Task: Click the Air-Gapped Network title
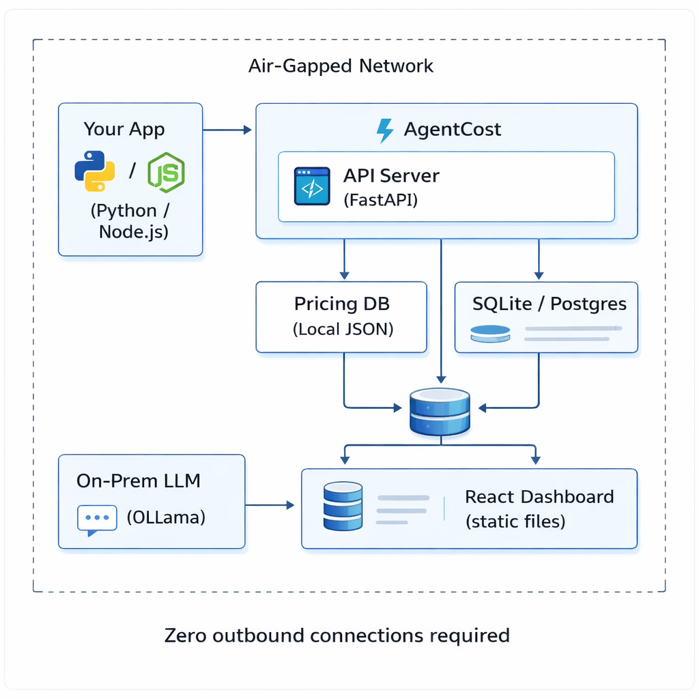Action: pyautogui.click(x=341, y=66)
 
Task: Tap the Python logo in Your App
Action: pyautogui.click(x=94, y=171)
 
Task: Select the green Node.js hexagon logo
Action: pyautogui.click(x=166, y=171)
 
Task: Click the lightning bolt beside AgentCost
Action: pyautogui.click(x=385, y=130)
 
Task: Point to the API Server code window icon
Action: pyautogui.click(x=311, y=186)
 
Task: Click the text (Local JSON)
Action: pyautogui.click(x=343, y=329)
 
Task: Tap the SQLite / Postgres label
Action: pyautogui.click(x=549, y=304)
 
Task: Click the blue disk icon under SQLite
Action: pyautogui.click(x=490, y=334)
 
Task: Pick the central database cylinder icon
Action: pyautogui.click(x=440, y=412)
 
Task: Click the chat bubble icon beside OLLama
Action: pyautogui.click(x=97, y=518)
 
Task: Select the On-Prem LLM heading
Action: pyautogui.click(x=139, y=481)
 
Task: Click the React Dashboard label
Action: pyautogui.click(x=539, y=496)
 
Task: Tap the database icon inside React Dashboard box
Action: pyautogui.click(x=343, y=506)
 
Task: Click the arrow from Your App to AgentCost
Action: pyautogui.click(x=228, y=129)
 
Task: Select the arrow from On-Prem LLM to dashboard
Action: pyautogui.click(x=270, y=505)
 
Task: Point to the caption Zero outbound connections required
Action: pyautogui.click(x=337, y=636)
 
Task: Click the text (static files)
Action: pyautogui.click(x=515, y=522)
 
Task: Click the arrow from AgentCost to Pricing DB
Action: pyautogui.click(x=344, y=259)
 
